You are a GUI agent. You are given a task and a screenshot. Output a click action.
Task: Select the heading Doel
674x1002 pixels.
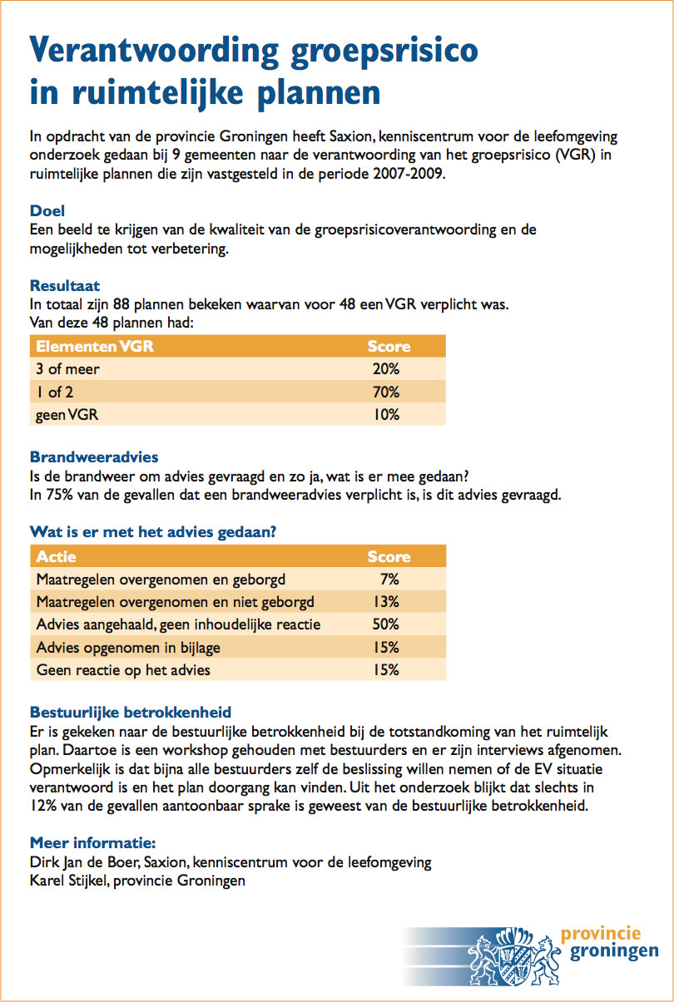coord(47,210)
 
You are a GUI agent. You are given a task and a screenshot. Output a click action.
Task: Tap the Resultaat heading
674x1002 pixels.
coord(65,285)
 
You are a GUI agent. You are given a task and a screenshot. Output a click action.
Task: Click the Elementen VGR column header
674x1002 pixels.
coord(94,346)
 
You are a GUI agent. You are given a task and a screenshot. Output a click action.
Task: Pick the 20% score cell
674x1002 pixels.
coord(386,369)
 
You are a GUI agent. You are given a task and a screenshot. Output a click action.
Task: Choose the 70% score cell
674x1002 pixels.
coord(386,392)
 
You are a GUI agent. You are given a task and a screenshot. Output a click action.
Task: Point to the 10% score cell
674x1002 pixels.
coord(386,415)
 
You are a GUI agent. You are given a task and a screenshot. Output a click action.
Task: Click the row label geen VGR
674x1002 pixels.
coord(67,415)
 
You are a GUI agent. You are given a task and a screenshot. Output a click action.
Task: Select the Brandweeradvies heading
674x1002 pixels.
coord(94,457)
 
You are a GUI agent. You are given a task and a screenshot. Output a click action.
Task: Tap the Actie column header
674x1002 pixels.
coord(56,556)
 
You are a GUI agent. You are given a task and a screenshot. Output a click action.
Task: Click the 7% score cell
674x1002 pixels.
coord(389,580)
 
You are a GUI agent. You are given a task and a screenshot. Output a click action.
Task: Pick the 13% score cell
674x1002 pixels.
coord(386,602)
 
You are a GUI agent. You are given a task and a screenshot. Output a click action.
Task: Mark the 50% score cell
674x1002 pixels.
coord(386,624)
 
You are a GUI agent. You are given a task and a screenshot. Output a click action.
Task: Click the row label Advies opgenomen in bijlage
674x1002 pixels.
coord(128,648)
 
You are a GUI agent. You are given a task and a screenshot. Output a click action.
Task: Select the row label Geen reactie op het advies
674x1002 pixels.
coord(123,670)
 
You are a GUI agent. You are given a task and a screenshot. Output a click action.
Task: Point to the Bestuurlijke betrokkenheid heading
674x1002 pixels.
coord(131,712)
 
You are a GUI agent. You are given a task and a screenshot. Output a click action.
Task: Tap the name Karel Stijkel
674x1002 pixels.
coord(69,881)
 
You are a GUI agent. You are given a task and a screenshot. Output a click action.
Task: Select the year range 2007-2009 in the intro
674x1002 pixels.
coord(408,174)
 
